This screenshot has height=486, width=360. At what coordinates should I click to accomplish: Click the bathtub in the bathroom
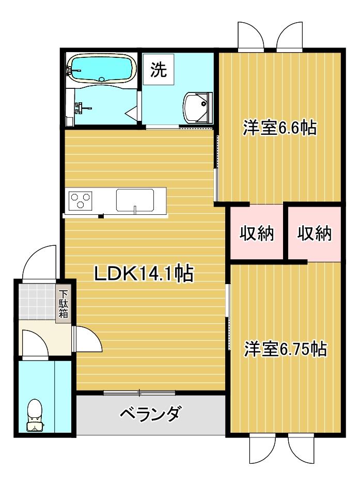click(101, 68)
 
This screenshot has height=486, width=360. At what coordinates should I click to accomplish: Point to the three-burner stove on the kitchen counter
click(81, 200)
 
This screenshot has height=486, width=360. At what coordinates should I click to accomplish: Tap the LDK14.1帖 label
click(143, 273)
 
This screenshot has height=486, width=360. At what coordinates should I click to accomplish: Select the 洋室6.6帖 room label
click(279, 127)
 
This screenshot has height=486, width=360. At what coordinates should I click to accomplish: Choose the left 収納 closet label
click(256, 233)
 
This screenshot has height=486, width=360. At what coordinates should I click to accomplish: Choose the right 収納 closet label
click(314, 233)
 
